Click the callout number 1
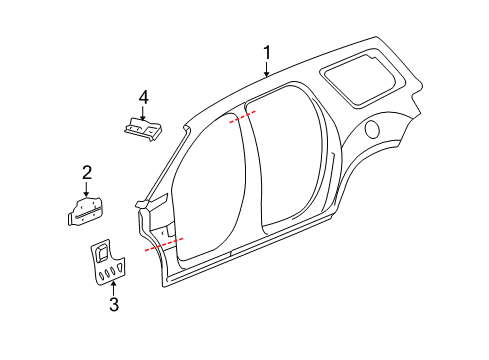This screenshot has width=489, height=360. click(267, 51)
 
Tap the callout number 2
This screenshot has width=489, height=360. click(87, 171)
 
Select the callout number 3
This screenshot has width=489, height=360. click(113, 305)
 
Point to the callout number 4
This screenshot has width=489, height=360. click(144, 96)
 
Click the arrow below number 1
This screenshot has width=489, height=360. click(267, 69)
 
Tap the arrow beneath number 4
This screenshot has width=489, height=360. click(144, 113)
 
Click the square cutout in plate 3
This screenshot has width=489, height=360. click(103, 246)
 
